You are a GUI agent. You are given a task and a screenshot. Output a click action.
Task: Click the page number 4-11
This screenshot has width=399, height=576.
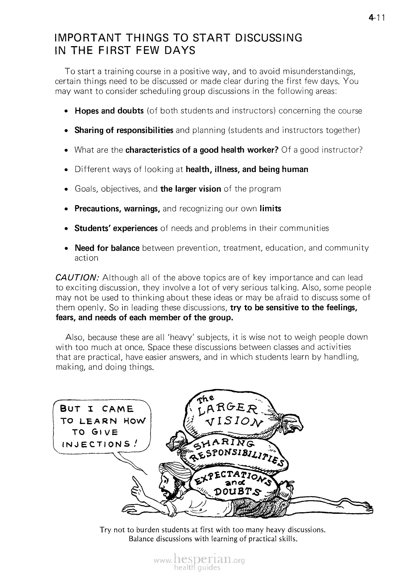[x=377, y=17]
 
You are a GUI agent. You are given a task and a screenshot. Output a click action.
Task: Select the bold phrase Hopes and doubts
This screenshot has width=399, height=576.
[x=109, y=111]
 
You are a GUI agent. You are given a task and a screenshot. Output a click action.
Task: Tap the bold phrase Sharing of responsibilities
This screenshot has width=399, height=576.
[x=124, y=130]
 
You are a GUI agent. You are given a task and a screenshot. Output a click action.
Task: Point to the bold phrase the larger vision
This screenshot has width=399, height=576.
[x=191, y=189]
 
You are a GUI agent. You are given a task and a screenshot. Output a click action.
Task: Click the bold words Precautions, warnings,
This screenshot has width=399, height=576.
[x=117, y=209]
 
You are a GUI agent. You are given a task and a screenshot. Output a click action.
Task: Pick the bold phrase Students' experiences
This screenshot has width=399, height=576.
[x=116, y=228]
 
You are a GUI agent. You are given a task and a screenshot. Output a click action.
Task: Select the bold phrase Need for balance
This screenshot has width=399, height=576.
[x=107, y=248]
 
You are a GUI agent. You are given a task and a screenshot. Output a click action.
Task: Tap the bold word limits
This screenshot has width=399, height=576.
[x=270, y=209]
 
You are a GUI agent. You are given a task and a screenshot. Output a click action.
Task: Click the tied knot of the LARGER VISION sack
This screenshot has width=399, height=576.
[x=293, y=421]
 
